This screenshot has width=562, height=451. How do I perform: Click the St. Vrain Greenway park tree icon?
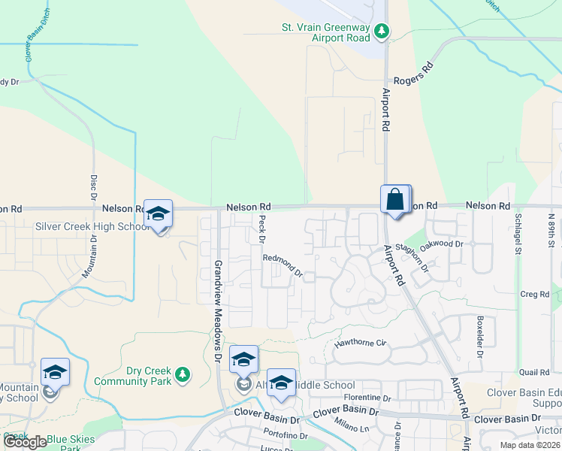tap(382, 31)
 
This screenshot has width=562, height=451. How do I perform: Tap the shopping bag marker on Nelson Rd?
tap(395, 201)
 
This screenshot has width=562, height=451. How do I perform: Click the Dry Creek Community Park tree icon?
tap(182, 374)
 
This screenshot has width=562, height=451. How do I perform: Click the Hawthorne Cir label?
tap(359, 343)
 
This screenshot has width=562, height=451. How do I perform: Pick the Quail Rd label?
tap(533, 372)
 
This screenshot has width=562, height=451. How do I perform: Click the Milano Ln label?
tap(353, 428)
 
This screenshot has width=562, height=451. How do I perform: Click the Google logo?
tap(26, 442)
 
